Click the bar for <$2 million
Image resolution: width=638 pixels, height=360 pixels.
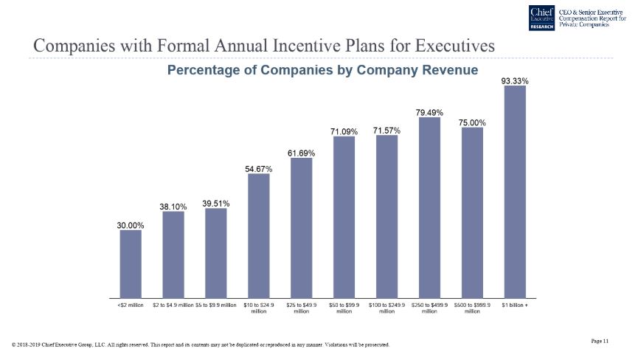pos(131,263)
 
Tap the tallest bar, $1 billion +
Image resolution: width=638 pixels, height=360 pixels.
pos(514,192)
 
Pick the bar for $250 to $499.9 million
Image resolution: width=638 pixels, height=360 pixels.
pos(429,207)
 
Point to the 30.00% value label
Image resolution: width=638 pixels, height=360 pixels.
pos(131,225)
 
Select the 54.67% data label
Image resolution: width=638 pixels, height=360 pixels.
pos(258,169)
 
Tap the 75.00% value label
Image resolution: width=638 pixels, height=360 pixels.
pos(472,122)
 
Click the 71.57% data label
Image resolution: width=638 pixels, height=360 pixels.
pos(386,131)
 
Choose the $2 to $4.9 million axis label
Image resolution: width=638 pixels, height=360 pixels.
pos(173,305)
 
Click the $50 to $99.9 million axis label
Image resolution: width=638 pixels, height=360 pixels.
pos(344,308)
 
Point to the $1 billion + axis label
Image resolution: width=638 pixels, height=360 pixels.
pos(515,305)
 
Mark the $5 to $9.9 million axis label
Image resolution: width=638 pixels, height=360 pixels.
pos(215,305)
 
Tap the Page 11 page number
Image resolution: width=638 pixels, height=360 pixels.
pos(600,340)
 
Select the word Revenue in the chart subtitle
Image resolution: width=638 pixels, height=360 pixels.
pos(445,70)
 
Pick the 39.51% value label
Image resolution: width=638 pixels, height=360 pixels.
pos(215,204)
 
